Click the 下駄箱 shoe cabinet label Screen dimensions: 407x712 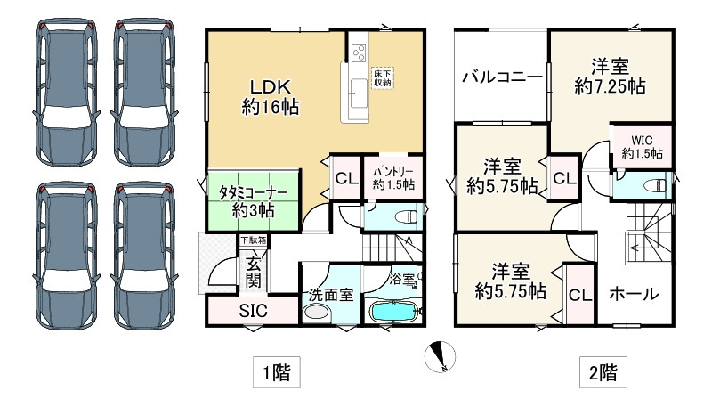[252, 240]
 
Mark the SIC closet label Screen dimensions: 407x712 [252, 312]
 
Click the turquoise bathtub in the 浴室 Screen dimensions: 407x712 [392, 313]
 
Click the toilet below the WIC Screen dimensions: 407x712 [654, 185]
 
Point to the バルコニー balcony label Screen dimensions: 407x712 [502, 77]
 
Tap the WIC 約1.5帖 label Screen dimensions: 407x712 [642, 147]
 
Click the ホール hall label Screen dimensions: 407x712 [635, 294]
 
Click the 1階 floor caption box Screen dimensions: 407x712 [275, 370]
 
